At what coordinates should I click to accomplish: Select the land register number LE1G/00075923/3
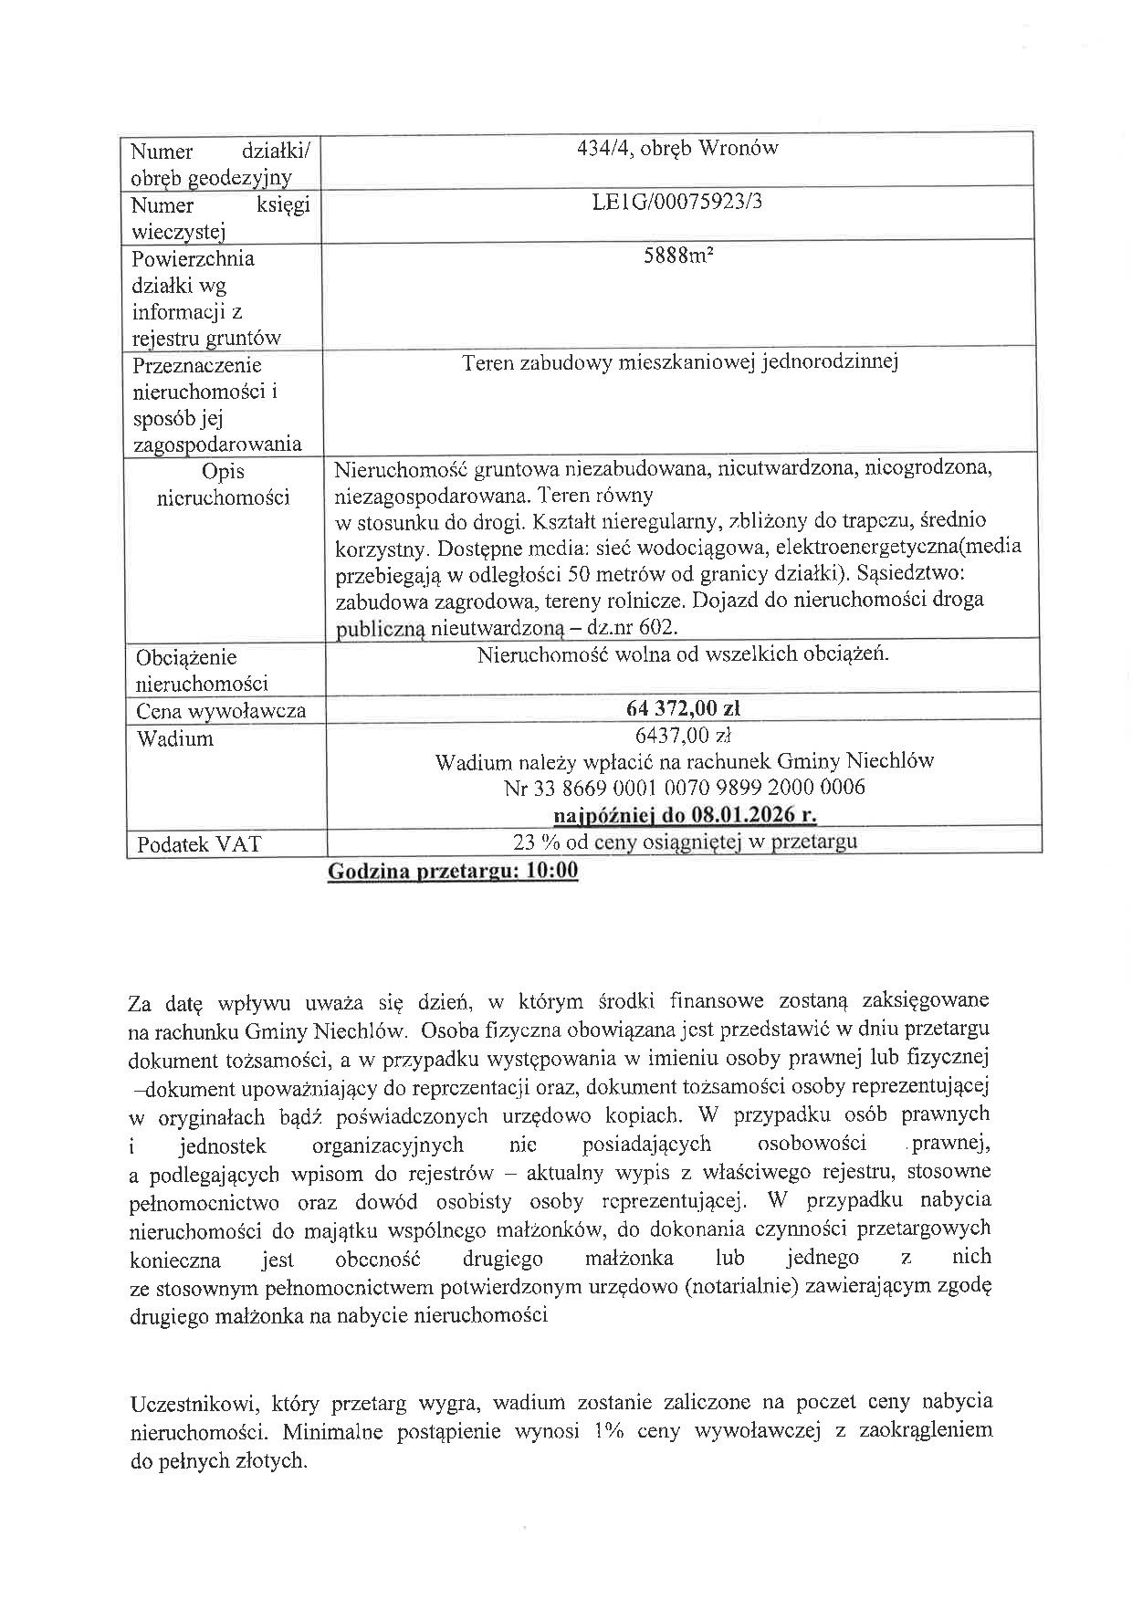pyautogui.click(x=677, y=202)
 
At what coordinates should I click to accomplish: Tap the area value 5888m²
pyautogui.click(x=677, y=256)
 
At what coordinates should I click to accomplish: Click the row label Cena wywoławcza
pyautogui.click(x=221, y=712)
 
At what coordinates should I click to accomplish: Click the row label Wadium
pyautogui.click(x=175, y=738)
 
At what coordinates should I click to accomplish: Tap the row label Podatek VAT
pyautogui.click(x=199, y=844)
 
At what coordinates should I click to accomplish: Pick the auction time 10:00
pyautogui.click(x=552, y=871)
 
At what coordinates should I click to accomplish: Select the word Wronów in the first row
pyautogui.click(x=738, y=149)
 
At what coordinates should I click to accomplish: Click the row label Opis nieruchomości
pyautogui.click(x=224, y=485)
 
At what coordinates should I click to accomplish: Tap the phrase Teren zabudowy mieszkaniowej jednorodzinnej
pyautogui.click(x=680, y=363)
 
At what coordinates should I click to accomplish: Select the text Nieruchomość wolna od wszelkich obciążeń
pyautogui.click(x=683, y=654)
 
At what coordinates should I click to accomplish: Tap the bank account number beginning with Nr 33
pyautogui.click(x=685, y=787)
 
